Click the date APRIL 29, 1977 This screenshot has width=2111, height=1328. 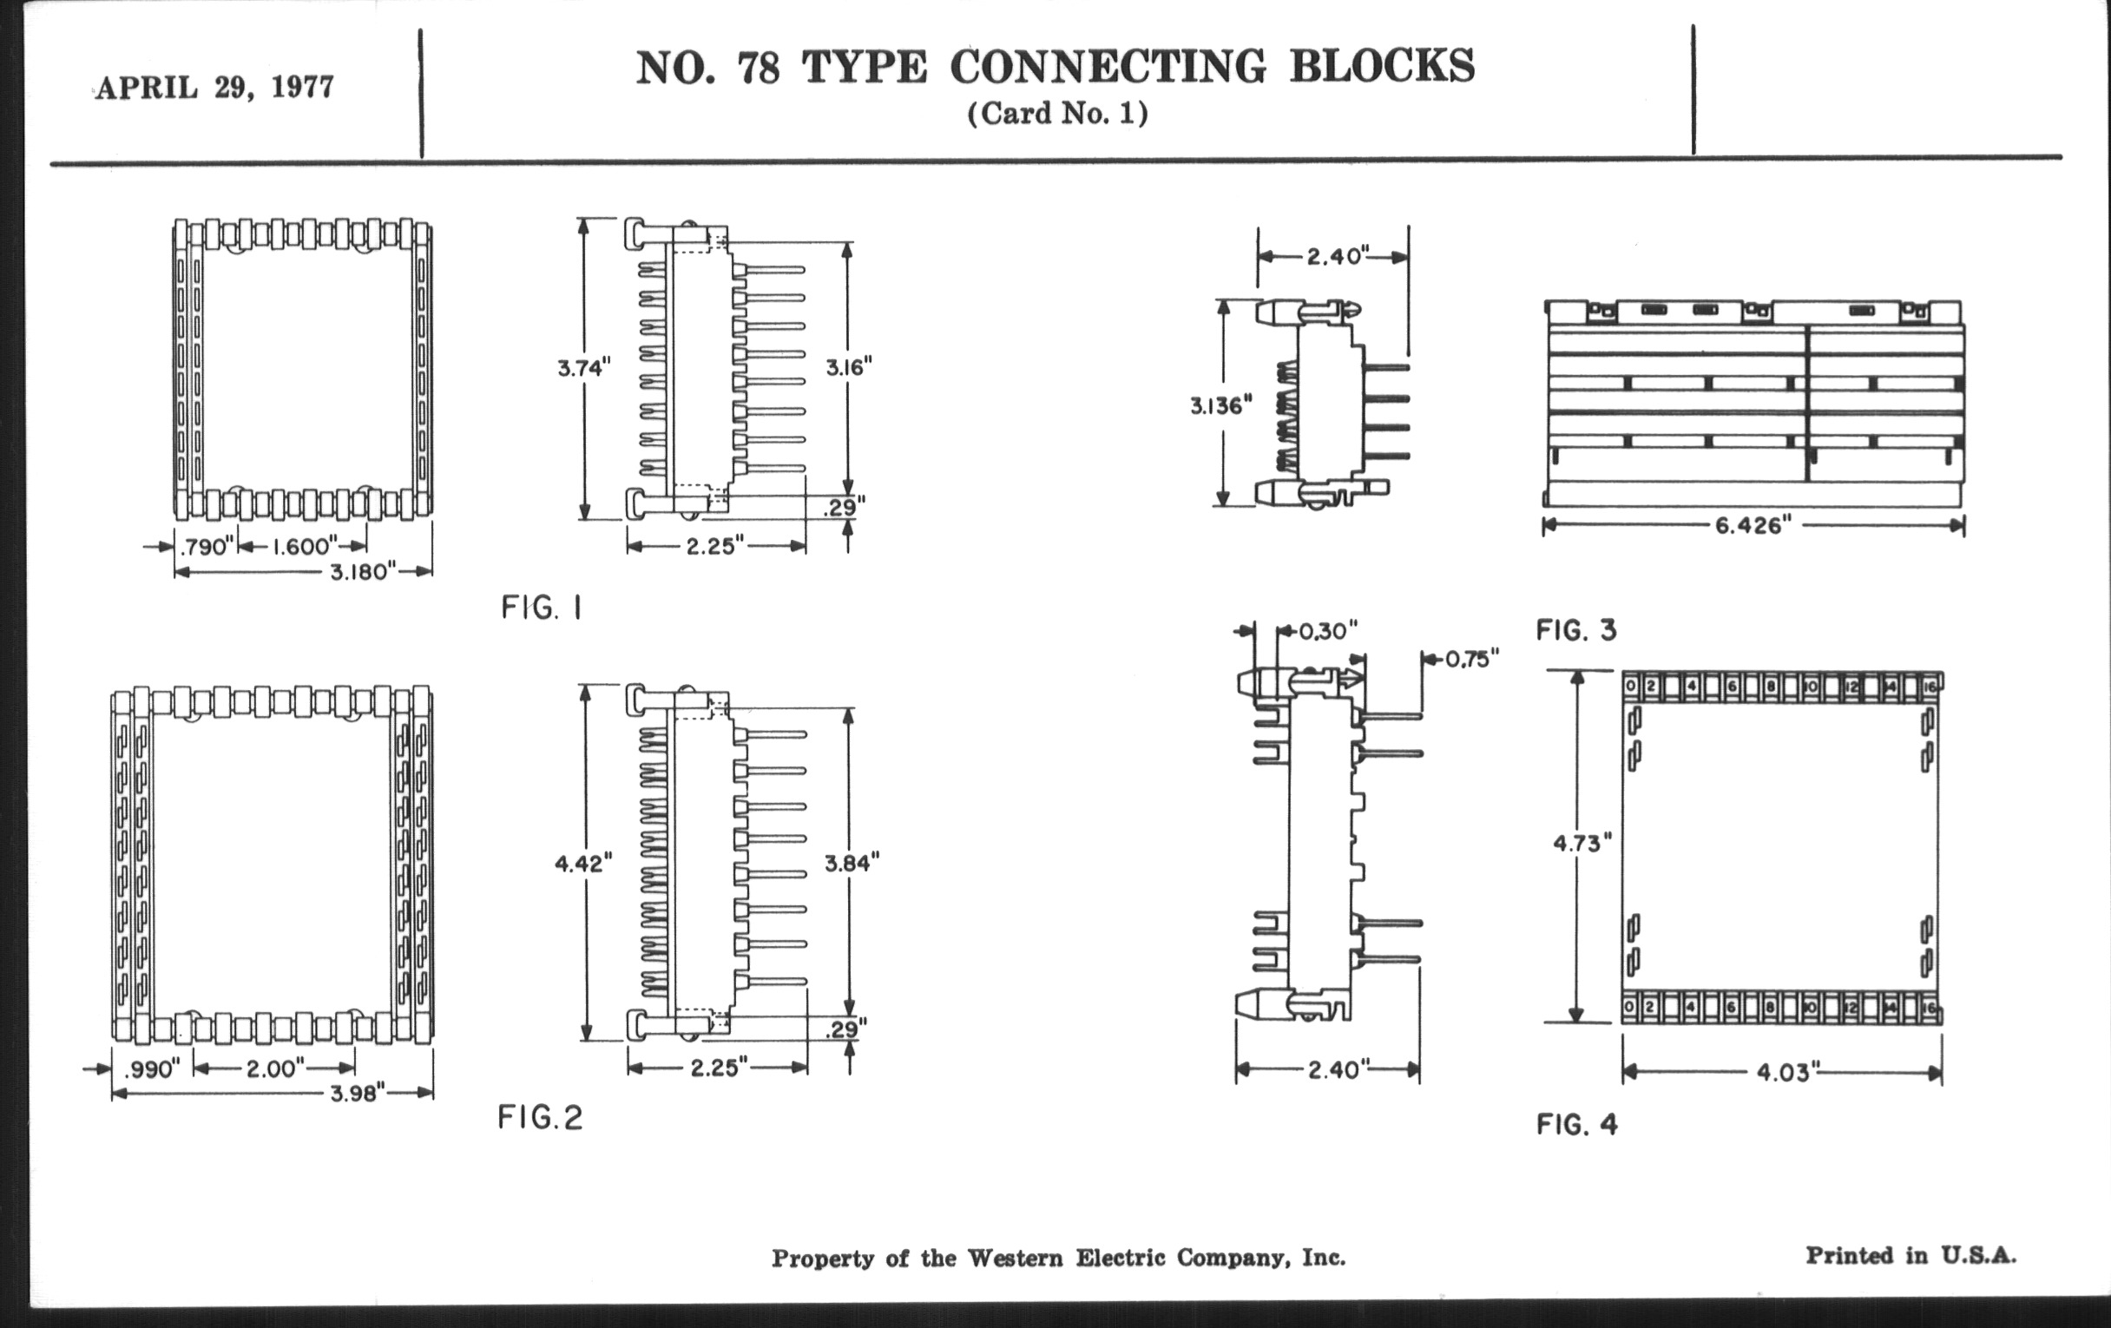click(214, 88)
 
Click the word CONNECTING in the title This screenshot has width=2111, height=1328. click(1108, 67)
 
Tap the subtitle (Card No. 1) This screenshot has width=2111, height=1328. click(1057, 114)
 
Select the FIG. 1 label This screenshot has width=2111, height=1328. click(541, 608)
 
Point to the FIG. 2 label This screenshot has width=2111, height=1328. click(540, 1117)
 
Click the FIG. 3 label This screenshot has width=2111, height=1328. click(1575, 630)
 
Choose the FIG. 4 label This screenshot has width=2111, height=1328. click(1576, 1125)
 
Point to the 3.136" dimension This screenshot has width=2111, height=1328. click(1220, 406)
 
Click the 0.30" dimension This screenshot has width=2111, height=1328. click(1327, 631)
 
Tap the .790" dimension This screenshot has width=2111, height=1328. click(207, 547)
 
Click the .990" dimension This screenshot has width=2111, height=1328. click(153, 1069)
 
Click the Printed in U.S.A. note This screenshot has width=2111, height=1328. click(1910, 1255)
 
